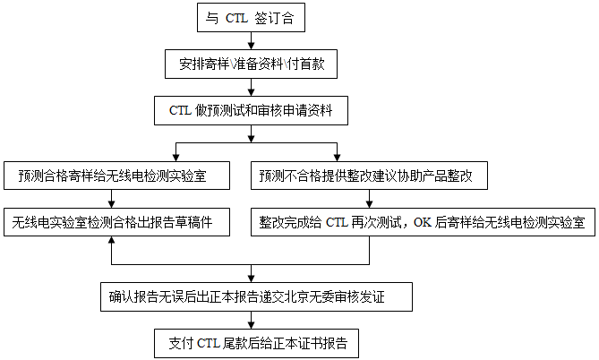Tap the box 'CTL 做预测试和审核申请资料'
pos(251,111)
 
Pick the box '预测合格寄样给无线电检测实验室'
pos(111,176)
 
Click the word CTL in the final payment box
pos(208,341)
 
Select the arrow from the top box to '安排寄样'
pos(251,39)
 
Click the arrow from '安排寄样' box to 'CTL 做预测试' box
pos(251,87)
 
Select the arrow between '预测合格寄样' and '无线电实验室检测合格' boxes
pos(111,199)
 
